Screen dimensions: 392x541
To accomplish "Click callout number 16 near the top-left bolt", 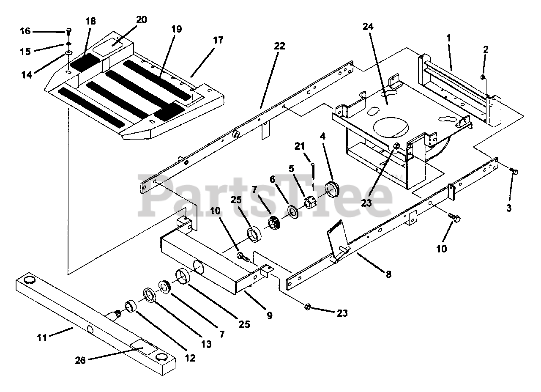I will tap(25, 31).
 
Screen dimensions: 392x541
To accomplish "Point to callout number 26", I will tap(80, 360).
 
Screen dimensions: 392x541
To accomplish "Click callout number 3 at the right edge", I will tap(508, 208).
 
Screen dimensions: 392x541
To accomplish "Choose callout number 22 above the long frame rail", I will tap(279, 46).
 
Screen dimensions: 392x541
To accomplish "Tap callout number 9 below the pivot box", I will tap(269, 315).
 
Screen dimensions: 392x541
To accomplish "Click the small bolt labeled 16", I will tap(68, 31).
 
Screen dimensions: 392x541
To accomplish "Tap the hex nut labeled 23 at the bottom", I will tap(308, 307).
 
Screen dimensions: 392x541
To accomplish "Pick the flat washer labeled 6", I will tap(292, 211).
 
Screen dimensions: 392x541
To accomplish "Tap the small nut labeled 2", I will tap(483, 77).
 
